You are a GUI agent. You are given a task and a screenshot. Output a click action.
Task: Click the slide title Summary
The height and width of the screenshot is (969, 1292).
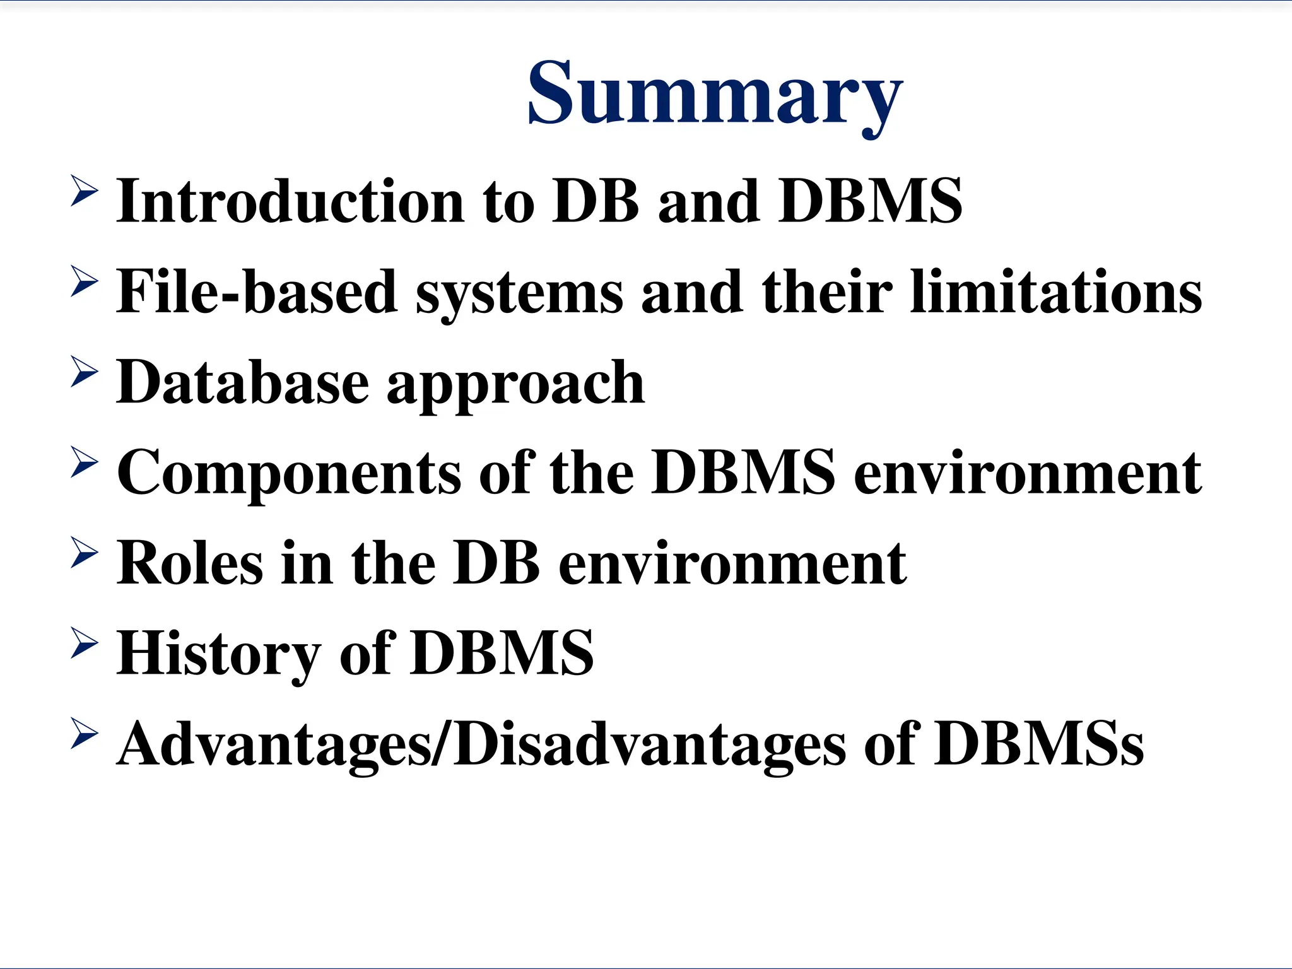[x=715, y=93]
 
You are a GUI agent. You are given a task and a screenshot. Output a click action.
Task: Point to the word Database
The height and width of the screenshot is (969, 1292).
[x=243, y=382]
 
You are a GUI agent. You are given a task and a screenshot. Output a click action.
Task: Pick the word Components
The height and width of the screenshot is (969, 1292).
[x=289, y=473]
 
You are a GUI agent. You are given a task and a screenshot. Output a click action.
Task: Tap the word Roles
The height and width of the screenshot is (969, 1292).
[x=189, y=563]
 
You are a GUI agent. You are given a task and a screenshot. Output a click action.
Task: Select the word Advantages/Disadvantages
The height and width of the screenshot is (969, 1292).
[x=481, y=744]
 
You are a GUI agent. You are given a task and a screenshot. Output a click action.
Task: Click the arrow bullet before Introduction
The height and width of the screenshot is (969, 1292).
[x=84, y=191]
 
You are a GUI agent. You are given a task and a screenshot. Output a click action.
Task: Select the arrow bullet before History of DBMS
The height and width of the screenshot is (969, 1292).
[x=84, y=642]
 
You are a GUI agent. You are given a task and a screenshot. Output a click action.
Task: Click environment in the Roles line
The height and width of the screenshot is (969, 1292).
[x=732, y=563]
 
